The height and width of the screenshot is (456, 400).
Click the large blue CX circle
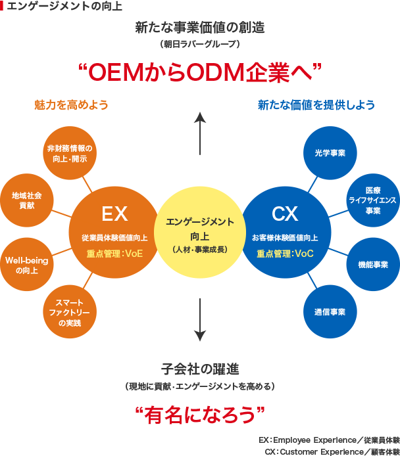(285, 227)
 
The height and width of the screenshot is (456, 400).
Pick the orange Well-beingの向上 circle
(27, 265)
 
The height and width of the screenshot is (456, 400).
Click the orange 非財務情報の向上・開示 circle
(70, 152)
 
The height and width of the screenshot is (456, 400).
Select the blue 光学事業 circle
(330, 152)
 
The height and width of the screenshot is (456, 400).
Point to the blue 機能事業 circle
(373, 265)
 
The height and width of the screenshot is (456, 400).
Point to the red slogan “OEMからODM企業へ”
(199, 70)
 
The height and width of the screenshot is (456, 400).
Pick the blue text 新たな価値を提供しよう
(316, 104)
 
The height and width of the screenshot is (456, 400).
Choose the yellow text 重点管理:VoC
(285, 254)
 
